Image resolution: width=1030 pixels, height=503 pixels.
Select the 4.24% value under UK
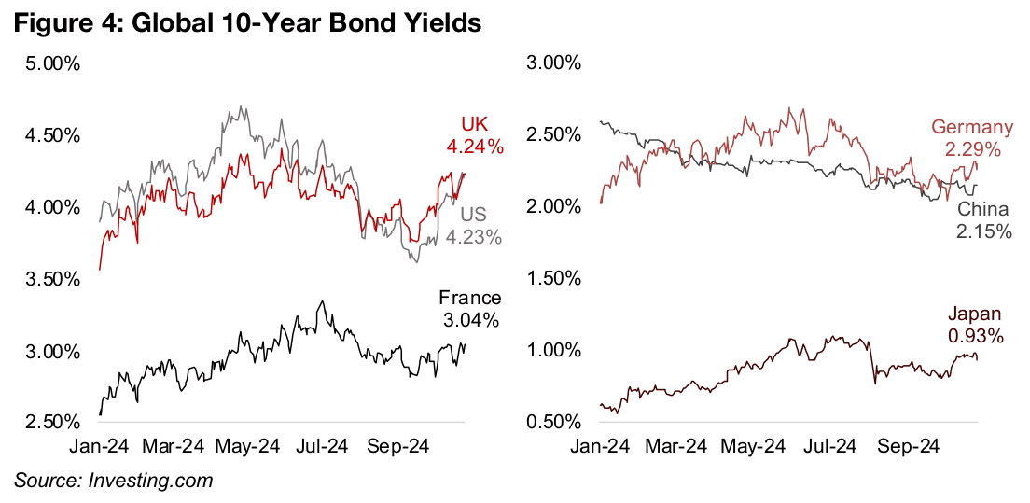pyautogui.click(x=473, y=147)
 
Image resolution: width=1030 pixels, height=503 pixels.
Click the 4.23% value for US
pyautogui.click(x=473, y=240)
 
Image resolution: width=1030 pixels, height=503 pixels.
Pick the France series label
pyautogui.click(x=469, y=299)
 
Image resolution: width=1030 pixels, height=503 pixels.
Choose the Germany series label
pyautogui.click(x=972, y=128)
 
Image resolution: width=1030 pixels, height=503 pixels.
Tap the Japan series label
pyautogui.click(x=975, y=314)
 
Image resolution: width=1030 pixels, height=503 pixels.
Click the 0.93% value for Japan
pyautogui.click(x=975, y=336)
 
